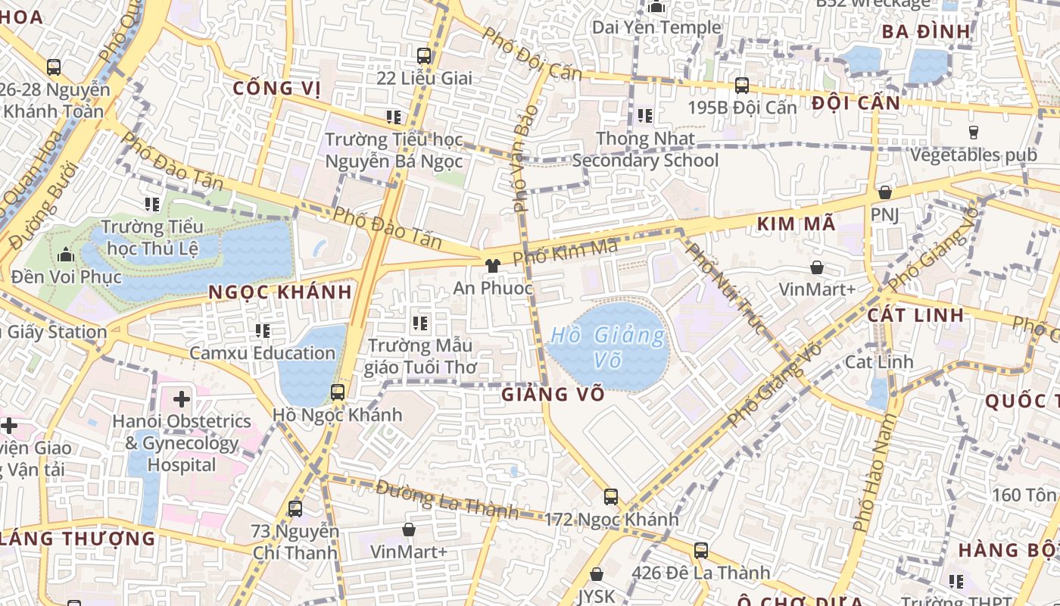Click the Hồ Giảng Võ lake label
point(609,346)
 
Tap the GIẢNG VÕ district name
point(553,394)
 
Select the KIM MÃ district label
point(796,223)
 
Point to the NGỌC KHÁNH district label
point(280,292)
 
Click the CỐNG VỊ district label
point(276,88)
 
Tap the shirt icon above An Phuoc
point(493,266)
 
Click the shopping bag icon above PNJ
point(884,193)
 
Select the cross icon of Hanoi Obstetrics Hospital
point(182,398)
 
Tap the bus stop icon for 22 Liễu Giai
point(424,55)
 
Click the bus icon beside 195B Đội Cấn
point(742,86)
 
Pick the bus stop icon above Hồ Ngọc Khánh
point(338,392)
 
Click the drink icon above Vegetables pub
point(974,133)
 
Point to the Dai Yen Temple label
point(656,27)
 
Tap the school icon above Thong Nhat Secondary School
point(645,116)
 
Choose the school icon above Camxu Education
point(263,331)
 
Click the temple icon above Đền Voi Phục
point(66,255)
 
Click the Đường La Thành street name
point(447,499)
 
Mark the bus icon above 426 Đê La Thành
point(701,551)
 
